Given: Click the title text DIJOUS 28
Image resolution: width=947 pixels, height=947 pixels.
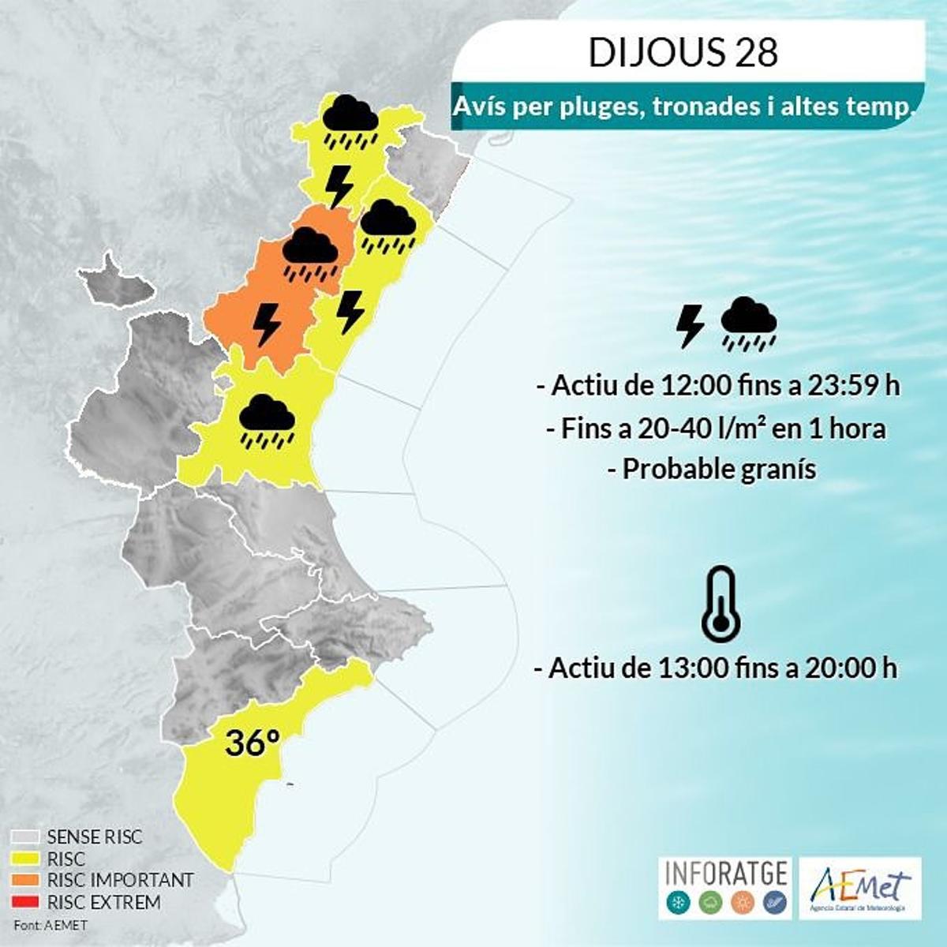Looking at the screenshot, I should tap(683, 53).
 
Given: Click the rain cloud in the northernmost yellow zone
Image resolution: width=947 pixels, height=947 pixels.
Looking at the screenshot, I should tap(350, 122).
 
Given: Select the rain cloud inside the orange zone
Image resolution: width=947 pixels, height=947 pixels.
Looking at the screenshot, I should tap(310, 254).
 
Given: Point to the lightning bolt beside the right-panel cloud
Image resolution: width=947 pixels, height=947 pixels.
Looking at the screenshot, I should tap(691, 326).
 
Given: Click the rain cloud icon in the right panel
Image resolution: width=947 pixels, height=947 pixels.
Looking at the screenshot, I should tap(749, 324).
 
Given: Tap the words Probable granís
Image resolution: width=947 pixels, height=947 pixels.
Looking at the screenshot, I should tap(719, 469).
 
